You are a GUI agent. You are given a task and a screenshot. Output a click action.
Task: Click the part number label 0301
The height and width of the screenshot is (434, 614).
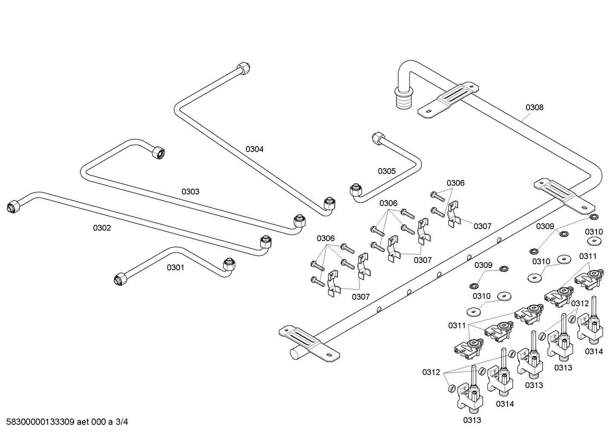point(175,267)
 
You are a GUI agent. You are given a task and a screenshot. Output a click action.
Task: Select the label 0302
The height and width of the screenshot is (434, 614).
point(102,228)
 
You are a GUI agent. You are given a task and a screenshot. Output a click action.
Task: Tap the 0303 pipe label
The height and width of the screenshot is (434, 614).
point(190,192)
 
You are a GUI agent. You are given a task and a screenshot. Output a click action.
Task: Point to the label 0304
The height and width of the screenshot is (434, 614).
point(254,149)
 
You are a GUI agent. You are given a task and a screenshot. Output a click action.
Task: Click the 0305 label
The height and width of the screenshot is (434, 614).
point(387,171)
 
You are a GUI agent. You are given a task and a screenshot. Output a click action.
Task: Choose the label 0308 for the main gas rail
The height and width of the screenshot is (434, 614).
point(534,107)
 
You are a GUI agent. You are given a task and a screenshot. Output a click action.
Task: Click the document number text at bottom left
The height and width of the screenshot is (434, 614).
point(67,422)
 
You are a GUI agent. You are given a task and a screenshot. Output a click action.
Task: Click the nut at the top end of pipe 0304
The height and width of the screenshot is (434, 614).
point(243,68)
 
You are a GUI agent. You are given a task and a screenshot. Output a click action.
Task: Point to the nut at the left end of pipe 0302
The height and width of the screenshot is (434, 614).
point(13,207)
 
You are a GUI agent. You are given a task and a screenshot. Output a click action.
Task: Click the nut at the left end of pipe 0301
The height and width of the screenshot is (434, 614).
point(120,279)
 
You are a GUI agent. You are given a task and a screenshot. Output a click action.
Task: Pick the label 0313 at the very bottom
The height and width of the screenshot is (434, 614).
point(472,420)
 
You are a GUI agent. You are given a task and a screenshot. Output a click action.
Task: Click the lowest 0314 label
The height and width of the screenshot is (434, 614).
point(505,404)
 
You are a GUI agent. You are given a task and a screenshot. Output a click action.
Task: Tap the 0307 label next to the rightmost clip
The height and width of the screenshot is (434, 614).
point(482,226)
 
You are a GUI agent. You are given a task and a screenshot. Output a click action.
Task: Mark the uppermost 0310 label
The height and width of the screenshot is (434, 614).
point(594,232)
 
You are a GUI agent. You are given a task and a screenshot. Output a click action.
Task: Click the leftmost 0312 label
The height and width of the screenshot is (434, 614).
point(431,372)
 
